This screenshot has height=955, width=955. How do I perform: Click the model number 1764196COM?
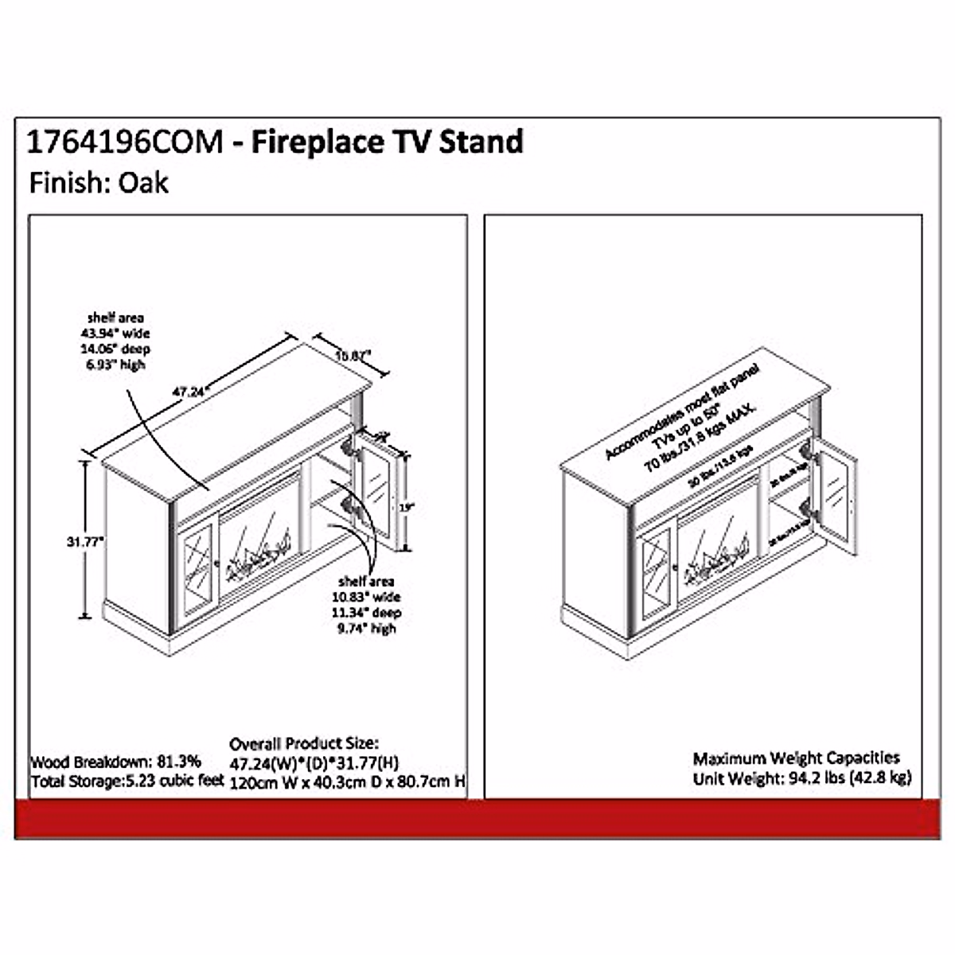coord(125,143)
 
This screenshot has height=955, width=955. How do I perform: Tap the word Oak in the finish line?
coord(144,183)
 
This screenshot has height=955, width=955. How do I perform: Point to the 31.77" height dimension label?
coord(86,541)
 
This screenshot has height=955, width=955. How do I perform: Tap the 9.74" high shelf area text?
coord(365,629)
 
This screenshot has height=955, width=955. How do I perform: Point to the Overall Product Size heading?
coord(304,744)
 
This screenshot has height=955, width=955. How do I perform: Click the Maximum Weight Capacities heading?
coord(796,758)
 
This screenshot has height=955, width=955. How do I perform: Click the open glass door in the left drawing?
coord(376,492)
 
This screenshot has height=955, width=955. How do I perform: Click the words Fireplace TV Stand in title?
coord(388,143)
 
